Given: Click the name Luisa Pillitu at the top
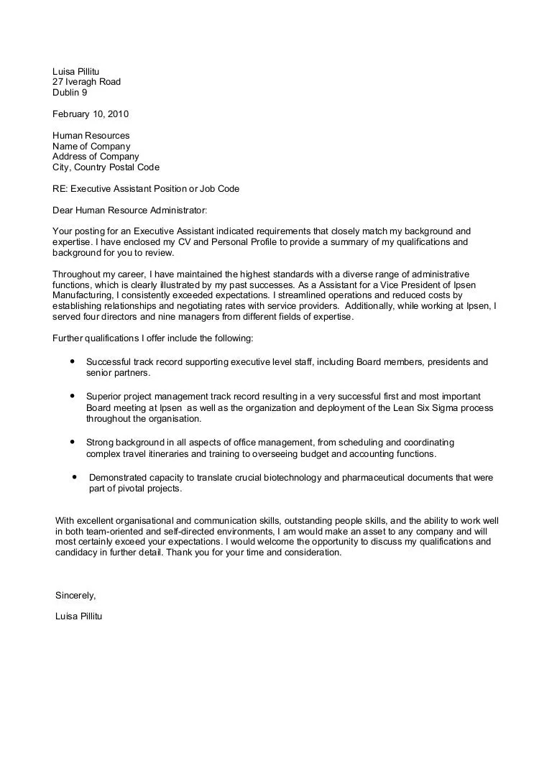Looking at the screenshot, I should (75, 71).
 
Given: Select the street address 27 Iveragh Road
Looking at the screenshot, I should (86, 82).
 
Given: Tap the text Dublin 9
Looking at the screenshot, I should (70, 93).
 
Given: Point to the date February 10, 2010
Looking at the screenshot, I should (91, 114).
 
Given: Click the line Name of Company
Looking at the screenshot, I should (91, 147).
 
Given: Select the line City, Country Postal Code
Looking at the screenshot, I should (106, 167).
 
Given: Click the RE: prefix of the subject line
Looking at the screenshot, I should (60, 189).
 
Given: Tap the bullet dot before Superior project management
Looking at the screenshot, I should (73, 396).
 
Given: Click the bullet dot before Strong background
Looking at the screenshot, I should (73, 442).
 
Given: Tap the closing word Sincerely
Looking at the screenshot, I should (75, 596).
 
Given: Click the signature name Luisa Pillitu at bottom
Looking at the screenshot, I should (79, 616).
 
